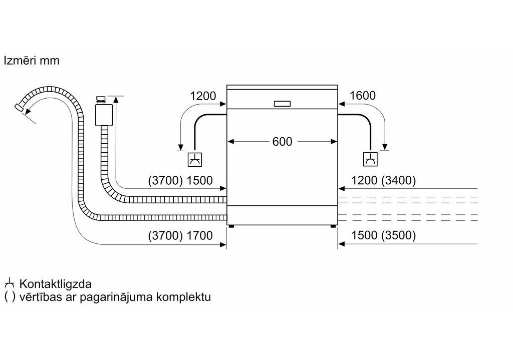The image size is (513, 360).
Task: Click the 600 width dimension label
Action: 282,142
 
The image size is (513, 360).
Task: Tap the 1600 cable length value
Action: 362,96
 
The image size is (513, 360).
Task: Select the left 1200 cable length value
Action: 203,96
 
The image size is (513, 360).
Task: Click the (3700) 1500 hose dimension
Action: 180,181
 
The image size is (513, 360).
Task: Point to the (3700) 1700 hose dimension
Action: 180,235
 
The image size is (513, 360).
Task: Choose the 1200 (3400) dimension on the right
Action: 384,181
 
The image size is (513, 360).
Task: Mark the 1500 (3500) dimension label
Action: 384,235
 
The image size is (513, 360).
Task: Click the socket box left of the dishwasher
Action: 194,160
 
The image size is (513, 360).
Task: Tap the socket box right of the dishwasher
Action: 370,160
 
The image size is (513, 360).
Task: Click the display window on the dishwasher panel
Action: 282,103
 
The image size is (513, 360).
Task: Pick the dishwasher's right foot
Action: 333,226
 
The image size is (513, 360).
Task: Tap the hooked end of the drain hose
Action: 20,107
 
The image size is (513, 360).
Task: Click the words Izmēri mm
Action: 32,61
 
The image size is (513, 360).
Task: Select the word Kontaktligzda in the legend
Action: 55,284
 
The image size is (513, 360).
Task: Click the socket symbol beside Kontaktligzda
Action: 9,284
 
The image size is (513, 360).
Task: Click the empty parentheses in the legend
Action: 10,297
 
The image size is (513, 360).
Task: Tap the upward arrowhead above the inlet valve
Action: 116,99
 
